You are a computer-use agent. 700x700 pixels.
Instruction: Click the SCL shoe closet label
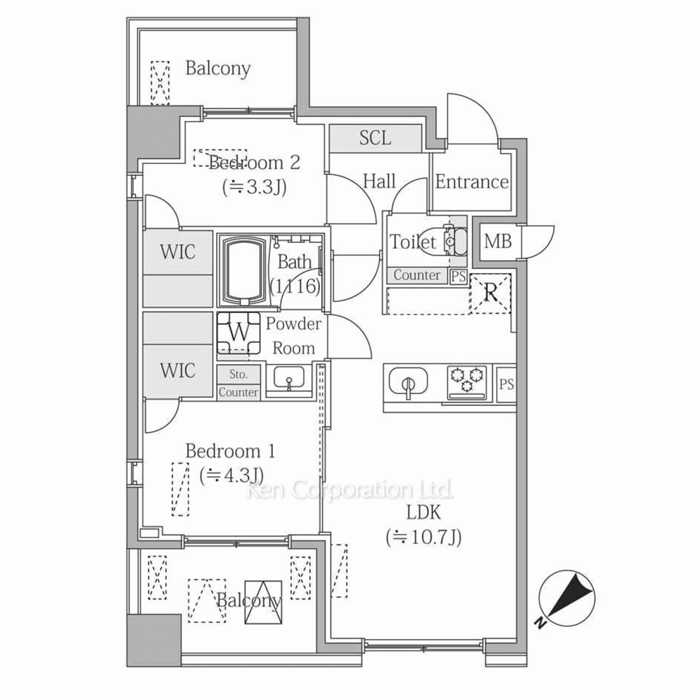[x=375, y=138]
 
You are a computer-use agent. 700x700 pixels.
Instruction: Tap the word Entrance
[x=472, y=182]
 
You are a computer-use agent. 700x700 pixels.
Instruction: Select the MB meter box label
[x=498, y=241]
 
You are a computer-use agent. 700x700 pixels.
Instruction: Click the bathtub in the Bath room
[x=244, y=270]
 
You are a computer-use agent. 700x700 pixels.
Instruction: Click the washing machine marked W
[x=239, y=332]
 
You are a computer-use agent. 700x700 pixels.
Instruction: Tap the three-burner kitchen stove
[x=467, y=383]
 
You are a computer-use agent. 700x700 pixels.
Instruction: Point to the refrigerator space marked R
[x=491, y=293]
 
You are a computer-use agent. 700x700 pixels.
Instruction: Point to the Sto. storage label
[x=239, y=374]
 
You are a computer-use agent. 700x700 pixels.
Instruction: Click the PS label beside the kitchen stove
[x=506, y=384]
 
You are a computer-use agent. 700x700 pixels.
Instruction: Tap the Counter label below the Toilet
[x=416, y=275]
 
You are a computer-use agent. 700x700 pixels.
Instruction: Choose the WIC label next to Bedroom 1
[x=178, y=370]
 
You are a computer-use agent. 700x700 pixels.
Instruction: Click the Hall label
[x=379, y=181]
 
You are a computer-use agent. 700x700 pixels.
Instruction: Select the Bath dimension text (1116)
[x=295, y=286]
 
